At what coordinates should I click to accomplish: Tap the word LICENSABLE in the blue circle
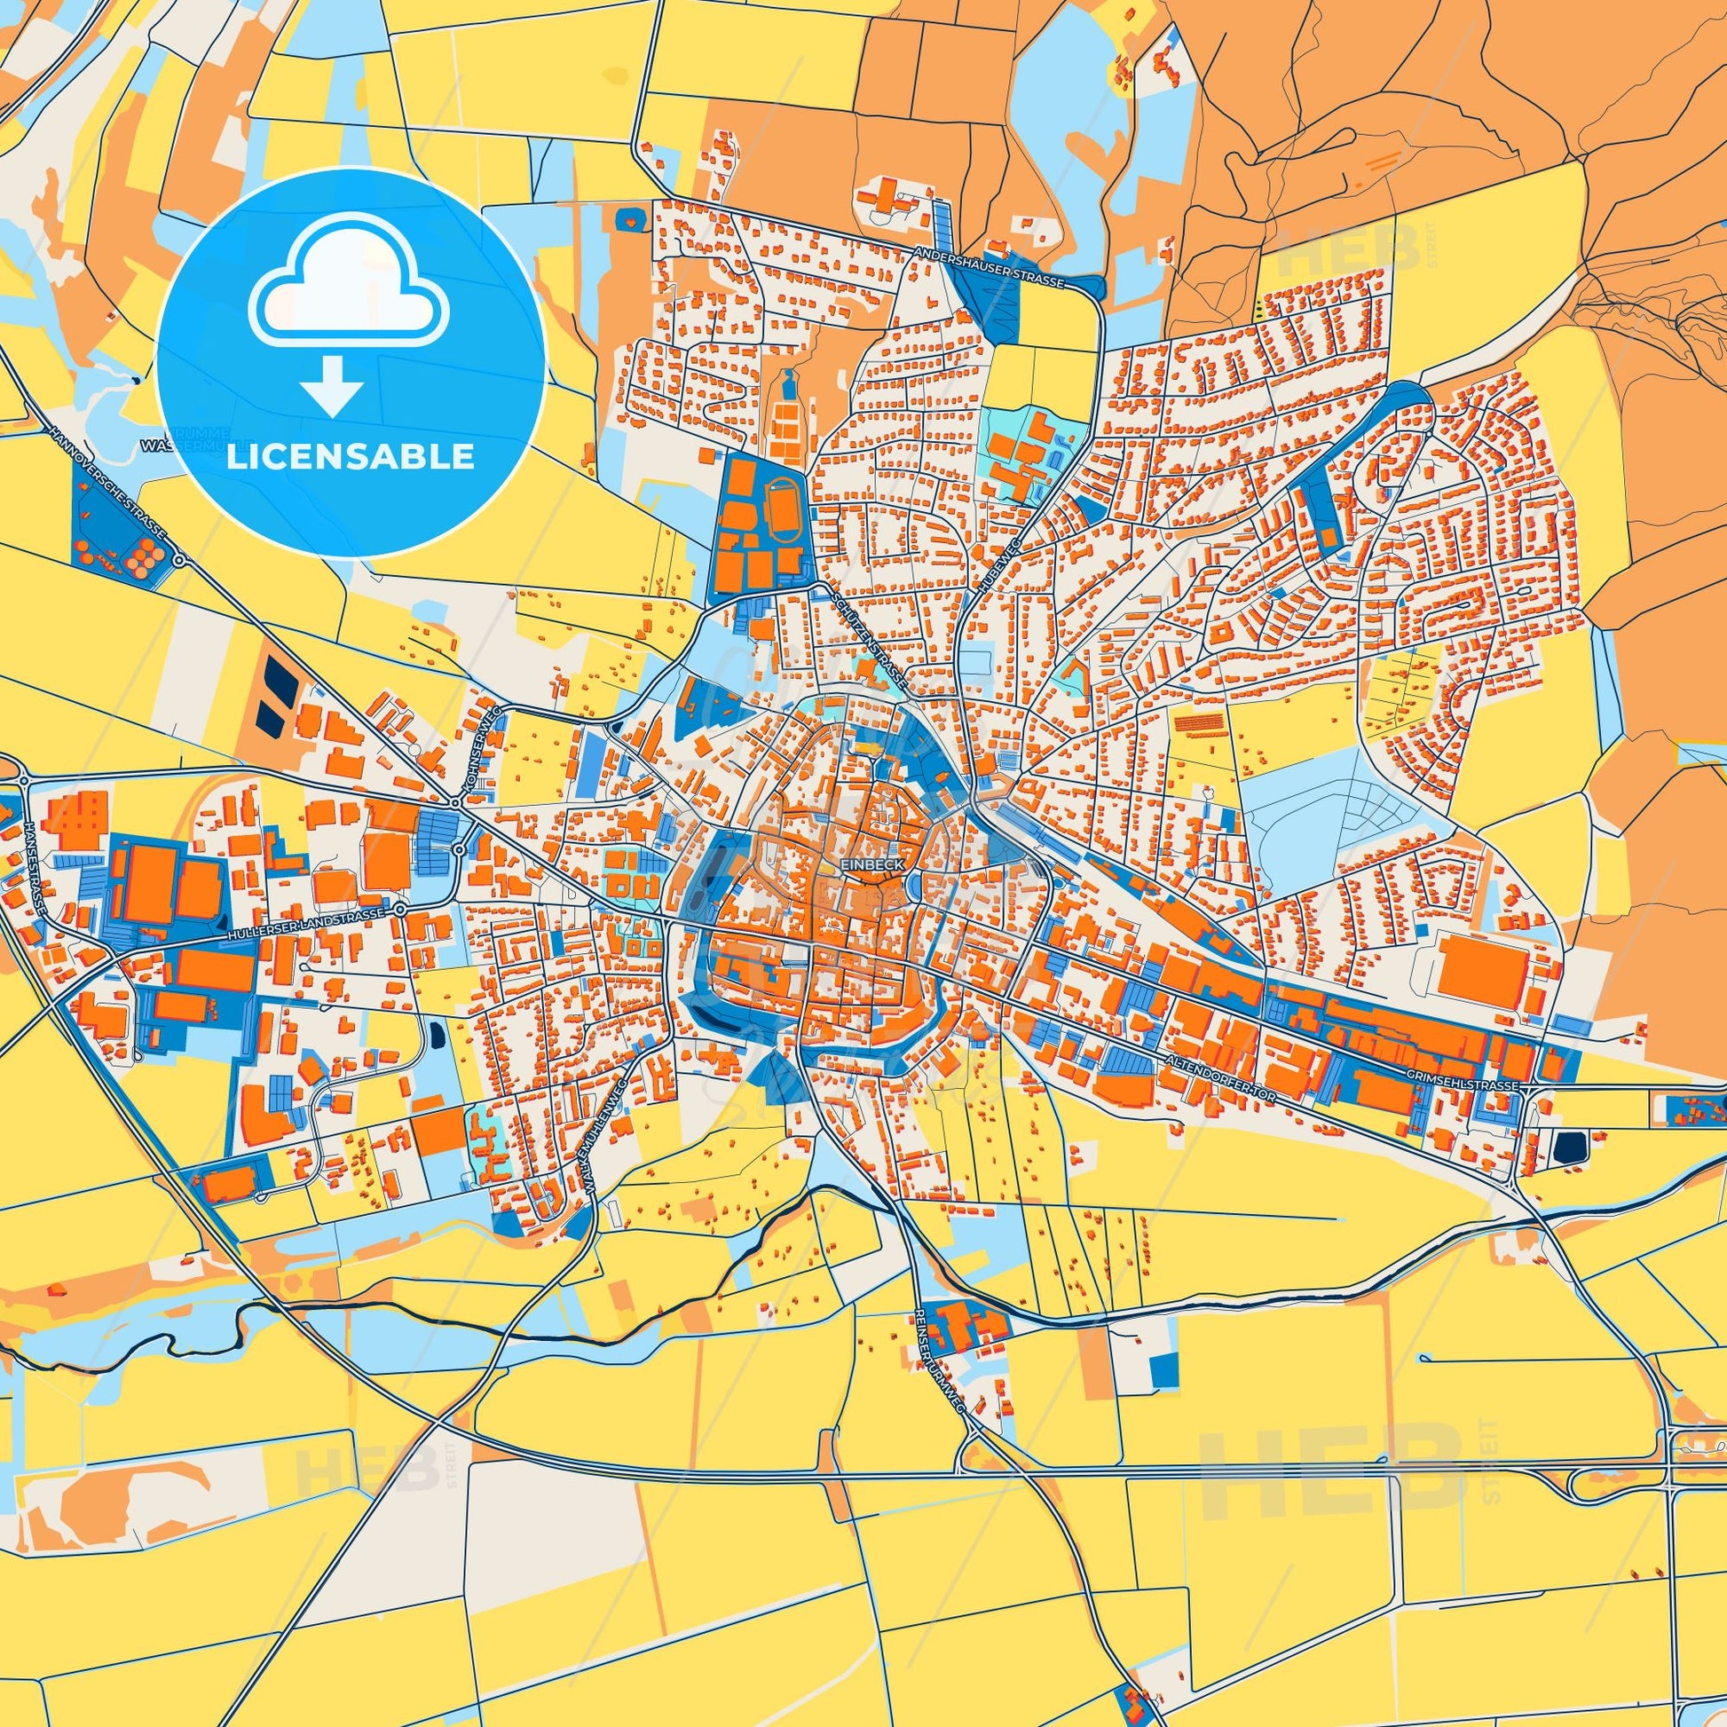351,457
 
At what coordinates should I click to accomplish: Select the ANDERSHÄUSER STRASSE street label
989,267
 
